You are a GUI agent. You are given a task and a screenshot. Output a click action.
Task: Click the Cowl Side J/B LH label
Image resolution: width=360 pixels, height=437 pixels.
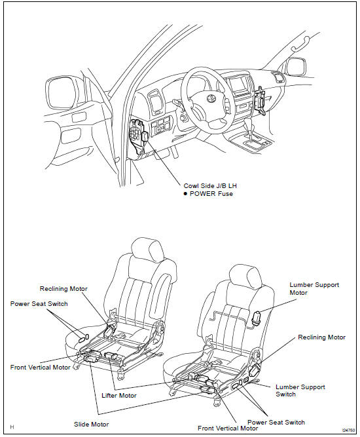[x=210, y=186]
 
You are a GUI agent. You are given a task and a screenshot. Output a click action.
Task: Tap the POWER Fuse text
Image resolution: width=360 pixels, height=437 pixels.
[x=211, y=194]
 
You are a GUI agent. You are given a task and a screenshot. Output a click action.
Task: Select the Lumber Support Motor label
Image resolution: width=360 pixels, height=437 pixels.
[x=314, y=289]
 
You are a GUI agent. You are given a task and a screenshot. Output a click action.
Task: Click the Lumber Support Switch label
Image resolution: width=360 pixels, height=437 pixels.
[x=300, y=390]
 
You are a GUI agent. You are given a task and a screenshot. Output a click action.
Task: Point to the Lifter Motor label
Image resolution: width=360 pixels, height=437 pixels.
[x=119, y=396]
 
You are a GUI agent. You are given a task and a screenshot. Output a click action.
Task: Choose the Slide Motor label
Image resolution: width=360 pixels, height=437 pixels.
[x=92, y=424]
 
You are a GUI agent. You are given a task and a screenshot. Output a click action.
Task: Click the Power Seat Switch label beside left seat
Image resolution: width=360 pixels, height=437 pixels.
[x=39, y=303]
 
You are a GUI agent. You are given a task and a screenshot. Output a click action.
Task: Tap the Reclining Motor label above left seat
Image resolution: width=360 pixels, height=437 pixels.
[x=63, y=288]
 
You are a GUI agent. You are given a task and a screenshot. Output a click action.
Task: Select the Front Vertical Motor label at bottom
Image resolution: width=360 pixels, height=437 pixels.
[x=228, y=428]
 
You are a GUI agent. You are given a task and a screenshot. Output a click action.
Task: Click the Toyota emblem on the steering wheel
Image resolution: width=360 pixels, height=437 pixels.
[x=211, y=98]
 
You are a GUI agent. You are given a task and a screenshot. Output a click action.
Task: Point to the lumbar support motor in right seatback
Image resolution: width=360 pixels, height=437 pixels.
[x=256, y=318]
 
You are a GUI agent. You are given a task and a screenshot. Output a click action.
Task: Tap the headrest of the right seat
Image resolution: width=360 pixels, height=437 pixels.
[x=245, y=276]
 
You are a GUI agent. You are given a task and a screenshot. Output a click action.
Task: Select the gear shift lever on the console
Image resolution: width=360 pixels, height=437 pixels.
[x=249, y=130]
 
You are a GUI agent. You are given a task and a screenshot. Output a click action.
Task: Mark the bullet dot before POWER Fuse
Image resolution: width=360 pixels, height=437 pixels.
[x=185, y=194]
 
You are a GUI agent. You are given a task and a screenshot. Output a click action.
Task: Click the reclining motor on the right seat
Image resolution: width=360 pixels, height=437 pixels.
[x=255, y=371]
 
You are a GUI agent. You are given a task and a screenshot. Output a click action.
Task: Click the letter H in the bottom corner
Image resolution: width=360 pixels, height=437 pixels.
[x=12, y=427]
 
